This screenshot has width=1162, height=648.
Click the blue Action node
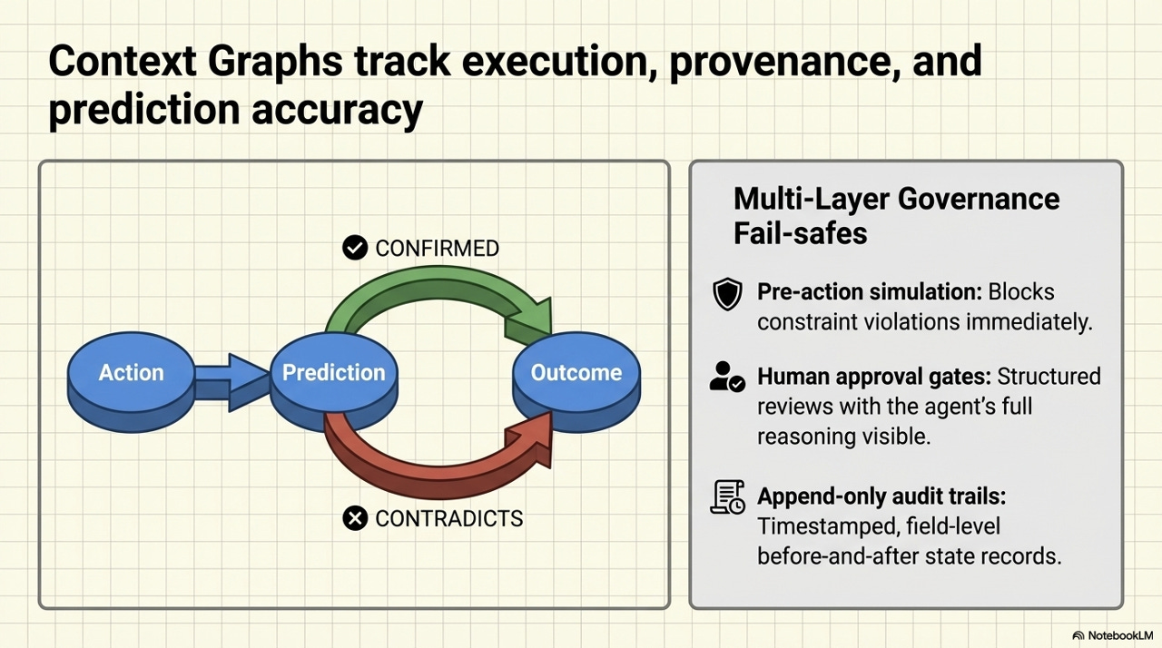click(x=131, y=373)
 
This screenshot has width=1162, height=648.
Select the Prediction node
click(x=333, y=373)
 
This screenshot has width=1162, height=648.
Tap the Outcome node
click(x=576, y=373)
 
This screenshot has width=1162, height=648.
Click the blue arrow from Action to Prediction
click(x=231, y=373)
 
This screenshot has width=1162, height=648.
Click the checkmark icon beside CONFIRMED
click(x=355, y=247)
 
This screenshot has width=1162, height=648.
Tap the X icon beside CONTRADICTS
click(x=355, y=518)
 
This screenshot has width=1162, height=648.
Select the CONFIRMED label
click(x=437, y=248)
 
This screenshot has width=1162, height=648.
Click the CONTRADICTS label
click(x=448, y=518)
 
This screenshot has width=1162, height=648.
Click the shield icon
click(x=728, y=295)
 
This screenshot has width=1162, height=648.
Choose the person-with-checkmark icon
click(x=727, y=377)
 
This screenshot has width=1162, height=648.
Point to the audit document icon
click(x=728, y=497)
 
